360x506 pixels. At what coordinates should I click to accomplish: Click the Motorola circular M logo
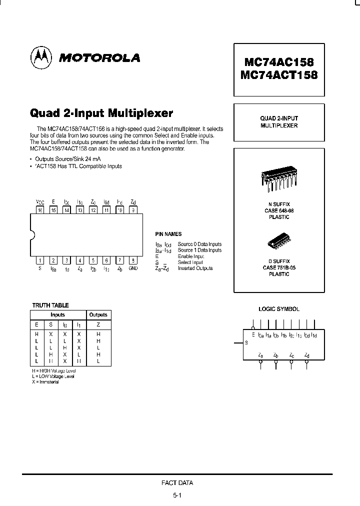point(41,57)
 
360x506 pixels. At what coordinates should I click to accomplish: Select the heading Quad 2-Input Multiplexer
point(101,112)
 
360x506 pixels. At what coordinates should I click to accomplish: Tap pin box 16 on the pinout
point(39,210)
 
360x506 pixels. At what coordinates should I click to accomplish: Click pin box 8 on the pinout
point(132,260)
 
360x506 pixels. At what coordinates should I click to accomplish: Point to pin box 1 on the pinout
point(39,260)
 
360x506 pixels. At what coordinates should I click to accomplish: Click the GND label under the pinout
point(133,268)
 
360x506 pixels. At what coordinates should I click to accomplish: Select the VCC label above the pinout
point(39,202)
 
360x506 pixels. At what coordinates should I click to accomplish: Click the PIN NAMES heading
point(168,234)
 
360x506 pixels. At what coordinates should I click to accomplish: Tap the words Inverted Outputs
point(195,268)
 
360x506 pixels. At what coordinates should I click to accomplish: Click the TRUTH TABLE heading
point(50,305)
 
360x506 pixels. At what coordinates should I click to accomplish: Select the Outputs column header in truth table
point(98,315)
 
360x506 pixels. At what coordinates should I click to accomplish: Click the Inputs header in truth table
point(58,315)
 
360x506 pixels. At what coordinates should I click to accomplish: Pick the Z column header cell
point(98,324)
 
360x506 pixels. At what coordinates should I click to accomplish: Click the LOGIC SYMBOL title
point(278,309)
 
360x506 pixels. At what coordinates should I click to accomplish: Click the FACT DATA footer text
point(177,483)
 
